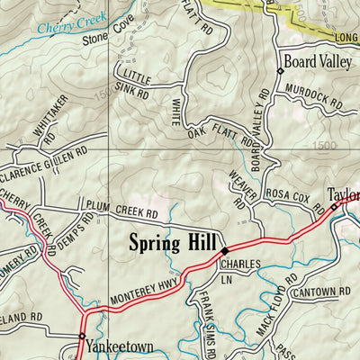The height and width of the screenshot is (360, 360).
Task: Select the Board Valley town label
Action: click(316, 62)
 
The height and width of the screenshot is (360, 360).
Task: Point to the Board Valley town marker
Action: click(280, 70)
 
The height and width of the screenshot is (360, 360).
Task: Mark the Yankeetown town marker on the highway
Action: click(82, 337)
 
